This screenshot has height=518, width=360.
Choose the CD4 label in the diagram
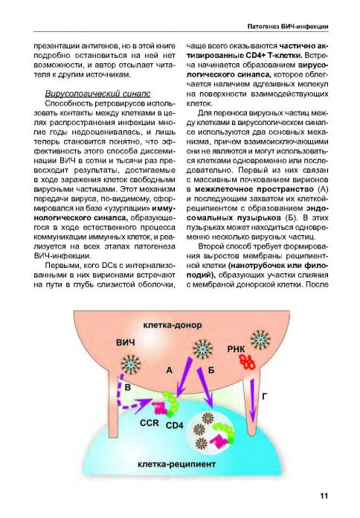(x=173, y=425)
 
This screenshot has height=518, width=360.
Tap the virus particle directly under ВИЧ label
(x=131, y=365)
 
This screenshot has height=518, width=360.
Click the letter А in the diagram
(x=170, y=369)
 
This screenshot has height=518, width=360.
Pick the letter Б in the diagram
(x=211, y=370)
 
